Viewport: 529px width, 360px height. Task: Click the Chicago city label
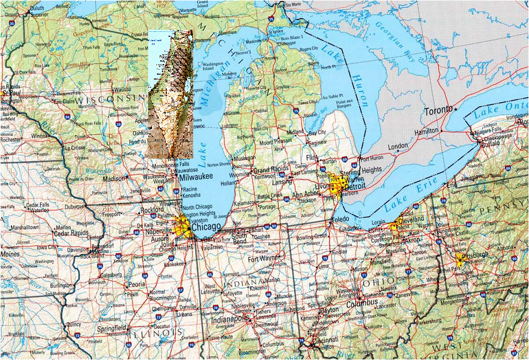point(206,227)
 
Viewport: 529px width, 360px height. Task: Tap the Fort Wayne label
point(261,259)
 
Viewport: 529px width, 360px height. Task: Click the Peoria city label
point(136,285)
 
